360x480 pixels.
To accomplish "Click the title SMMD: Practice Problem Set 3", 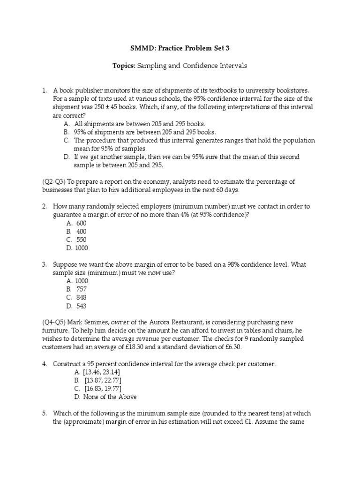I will click(x=180, y=48).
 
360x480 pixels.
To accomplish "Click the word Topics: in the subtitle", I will click(x=124, y=66).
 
